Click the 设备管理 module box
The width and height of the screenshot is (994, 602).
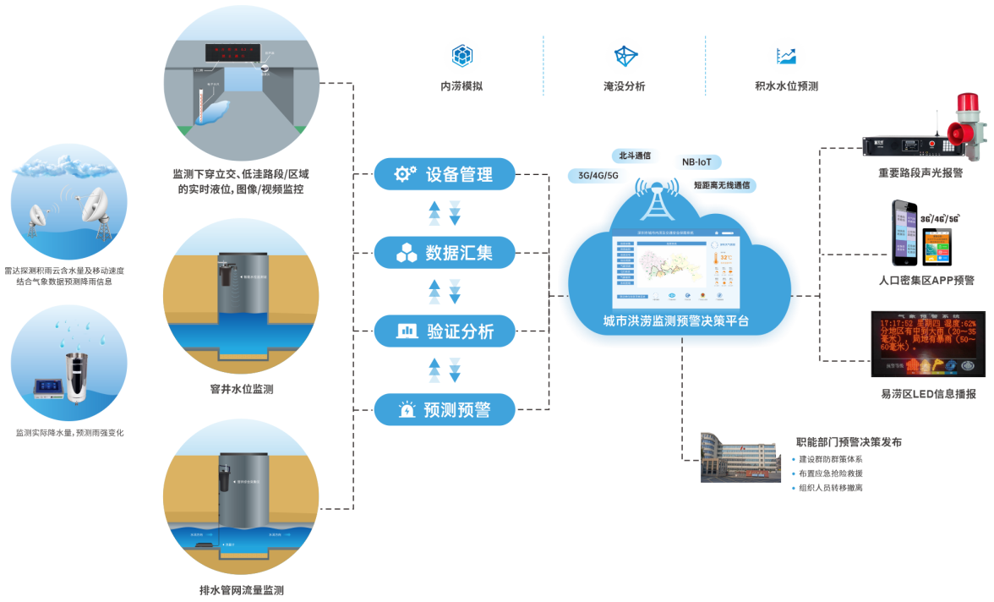tap(445, 175)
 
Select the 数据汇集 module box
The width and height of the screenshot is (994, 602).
tap(445, 252)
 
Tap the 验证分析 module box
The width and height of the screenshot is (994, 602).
tap(445, 331)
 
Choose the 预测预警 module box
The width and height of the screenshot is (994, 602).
tap(445, 410)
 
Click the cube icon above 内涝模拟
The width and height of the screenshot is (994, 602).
tap(462, 56)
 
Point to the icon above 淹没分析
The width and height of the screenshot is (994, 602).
tap(625, 56)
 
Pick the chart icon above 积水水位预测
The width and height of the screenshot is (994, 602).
tap(787, 56)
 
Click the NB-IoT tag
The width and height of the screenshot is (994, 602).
tap(697, 161)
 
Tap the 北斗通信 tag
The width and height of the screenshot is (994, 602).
tap(635, 156)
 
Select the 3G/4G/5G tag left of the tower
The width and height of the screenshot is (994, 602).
tap(595, 176)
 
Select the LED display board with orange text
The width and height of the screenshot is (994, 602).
tap(927, 343)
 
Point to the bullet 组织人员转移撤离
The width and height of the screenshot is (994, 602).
tap(830, 488)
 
